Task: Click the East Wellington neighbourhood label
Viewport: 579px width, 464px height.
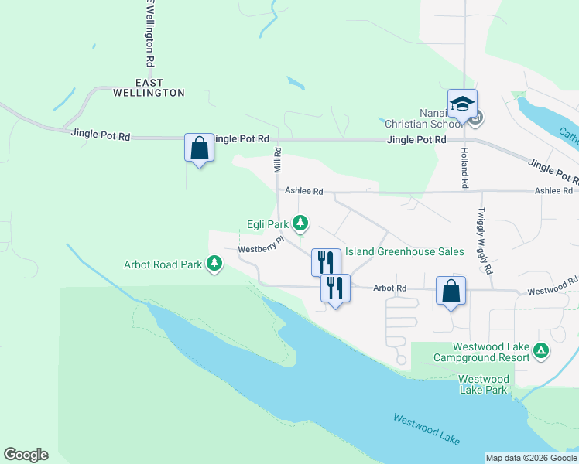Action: tap(159, 87)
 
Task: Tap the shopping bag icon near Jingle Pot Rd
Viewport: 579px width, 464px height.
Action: tap(198, 147)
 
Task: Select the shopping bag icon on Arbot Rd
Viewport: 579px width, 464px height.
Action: tap(451, 291)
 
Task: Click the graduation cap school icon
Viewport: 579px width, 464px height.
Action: tap(462, 104)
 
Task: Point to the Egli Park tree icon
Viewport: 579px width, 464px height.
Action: tap(300, 224)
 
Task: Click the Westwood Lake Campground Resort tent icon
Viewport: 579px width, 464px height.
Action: tap(542, 352)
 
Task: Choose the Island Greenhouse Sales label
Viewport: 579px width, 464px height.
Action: tap(404, 251)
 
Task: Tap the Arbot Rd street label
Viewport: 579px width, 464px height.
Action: tap(389, 288)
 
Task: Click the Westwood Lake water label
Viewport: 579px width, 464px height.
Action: tap(426, 430)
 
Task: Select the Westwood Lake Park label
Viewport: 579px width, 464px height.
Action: tap(484, 384)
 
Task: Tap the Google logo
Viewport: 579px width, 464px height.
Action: tap(26, 455)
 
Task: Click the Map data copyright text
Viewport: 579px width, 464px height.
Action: tap(530, 458)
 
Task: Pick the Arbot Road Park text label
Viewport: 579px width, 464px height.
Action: tap(163, 264)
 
